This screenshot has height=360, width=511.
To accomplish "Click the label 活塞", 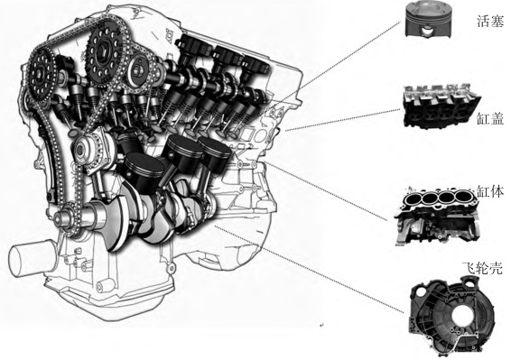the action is [x=490, y=22].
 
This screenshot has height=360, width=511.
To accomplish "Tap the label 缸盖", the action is [x=490, y=118].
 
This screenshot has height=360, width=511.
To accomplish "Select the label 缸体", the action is [x=490, y=192].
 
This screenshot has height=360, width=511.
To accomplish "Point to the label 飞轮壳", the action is [x=483, y=267].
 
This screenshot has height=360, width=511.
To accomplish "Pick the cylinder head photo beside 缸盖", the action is [x=441, y=106].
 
